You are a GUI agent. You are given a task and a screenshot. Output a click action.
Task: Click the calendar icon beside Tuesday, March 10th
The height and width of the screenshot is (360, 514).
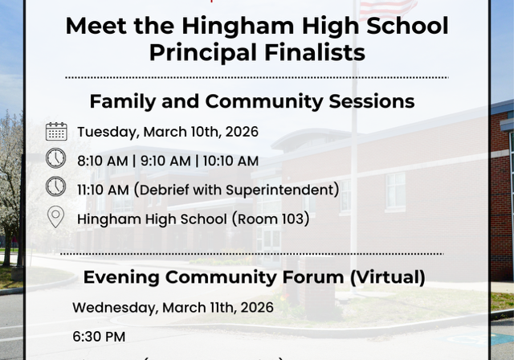56,132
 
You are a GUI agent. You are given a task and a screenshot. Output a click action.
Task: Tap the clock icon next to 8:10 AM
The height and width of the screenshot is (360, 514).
55,159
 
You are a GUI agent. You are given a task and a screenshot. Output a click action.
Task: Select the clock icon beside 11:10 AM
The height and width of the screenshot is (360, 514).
55,187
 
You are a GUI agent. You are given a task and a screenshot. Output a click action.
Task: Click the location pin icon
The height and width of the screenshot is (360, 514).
55,216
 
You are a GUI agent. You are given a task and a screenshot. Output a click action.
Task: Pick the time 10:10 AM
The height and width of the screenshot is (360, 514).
230,161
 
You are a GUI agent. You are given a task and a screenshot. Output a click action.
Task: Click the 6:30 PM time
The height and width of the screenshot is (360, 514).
99,337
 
